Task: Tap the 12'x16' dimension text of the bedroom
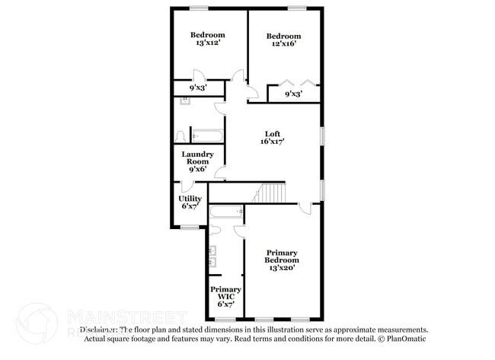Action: coord(283,44)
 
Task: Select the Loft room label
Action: coord(273,134)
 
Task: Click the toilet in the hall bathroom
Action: coord(180,136)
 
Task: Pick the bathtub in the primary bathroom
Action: coord(226,212)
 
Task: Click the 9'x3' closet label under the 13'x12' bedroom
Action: coord(187,88)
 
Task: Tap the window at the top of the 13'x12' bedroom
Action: coord(200,8)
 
